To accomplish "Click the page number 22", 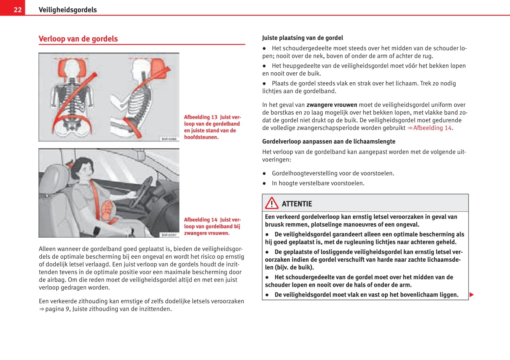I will coord(18,10).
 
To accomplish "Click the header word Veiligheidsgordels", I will coord(67,10).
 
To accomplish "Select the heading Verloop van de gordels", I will coord(78,39).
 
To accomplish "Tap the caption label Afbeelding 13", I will coord(201,117).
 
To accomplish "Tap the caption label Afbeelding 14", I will coord(201,220).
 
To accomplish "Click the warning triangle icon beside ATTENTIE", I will coord(272,203).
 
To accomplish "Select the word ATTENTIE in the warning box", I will coord(297,204).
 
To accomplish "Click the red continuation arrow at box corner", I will coord(472,294).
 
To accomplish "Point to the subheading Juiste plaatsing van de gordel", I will coord(302,38).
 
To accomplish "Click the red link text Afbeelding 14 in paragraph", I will coord(432,128).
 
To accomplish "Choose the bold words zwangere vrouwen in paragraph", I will coord(332,105).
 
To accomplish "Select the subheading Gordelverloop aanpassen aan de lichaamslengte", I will coord(329,141).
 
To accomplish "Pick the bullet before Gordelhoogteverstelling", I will coord(264,173).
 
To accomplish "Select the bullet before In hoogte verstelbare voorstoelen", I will coord(264,183).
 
